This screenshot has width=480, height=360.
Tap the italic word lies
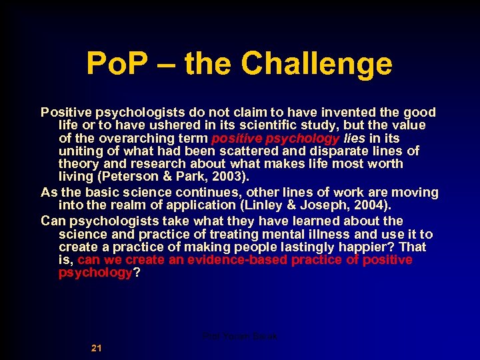pyautogui.click(x=354, y=139)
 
